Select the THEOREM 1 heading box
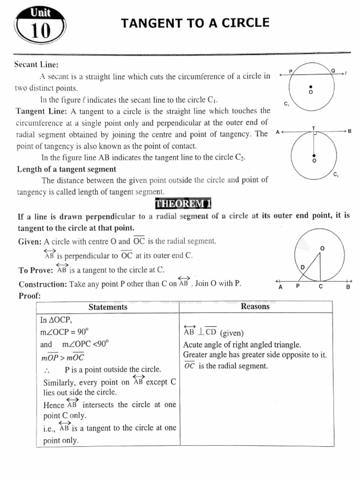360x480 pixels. [180, 203]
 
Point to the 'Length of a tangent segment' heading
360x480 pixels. [67, 169]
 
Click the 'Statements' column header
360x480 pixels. [108, 307]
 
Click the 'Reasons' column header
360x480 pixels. [255, 307]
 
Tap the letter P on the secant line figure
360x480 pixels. [291, 71]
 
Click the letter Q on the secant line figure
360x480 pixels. [333, 70]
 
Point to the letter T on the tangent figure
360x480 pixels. [314, 127]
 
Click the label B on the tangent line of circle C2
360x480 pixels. [349, 132]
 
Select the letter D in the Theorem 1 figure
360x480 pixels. [302, 267]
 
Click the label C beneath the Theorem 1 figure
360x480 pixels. [321, 287]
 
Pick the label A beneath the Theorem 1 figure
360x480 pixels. [280, 287]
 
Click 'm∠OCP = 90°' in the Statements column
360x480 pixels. [63, 332]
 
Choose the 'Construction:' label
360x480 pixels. [43, 284]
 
